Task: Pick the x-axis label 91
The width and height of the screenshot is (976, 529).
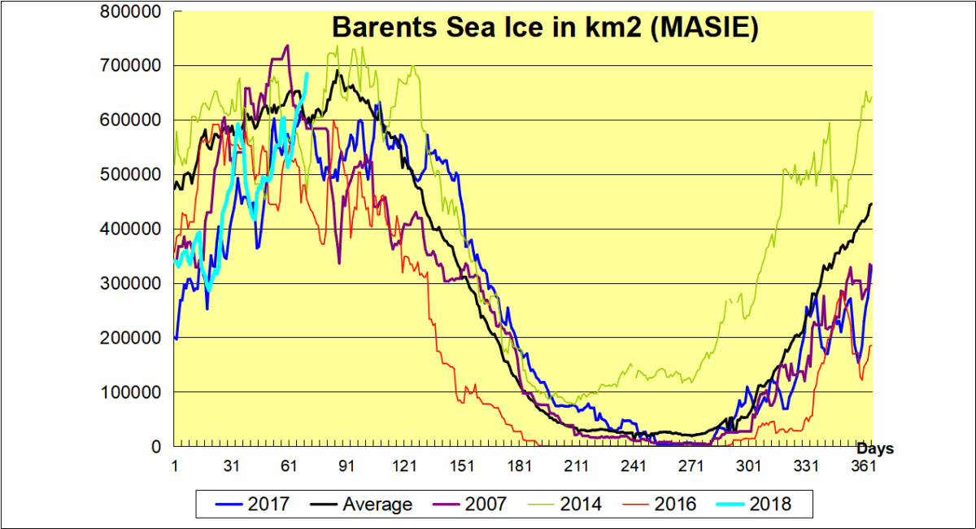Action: point(346,466)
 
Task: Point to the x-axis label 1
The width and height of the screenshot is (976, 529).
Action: point(175,466)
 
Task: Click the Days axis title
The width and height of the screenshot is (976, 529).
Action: point(875,448)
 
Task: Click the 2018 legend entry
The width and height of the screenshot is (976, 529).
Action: point(770,505)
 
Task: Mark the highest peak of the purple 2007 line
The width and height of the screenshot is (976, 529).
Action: point(288,46)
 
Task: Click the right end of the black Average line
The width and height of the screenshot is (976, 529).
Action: point(872,203)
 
